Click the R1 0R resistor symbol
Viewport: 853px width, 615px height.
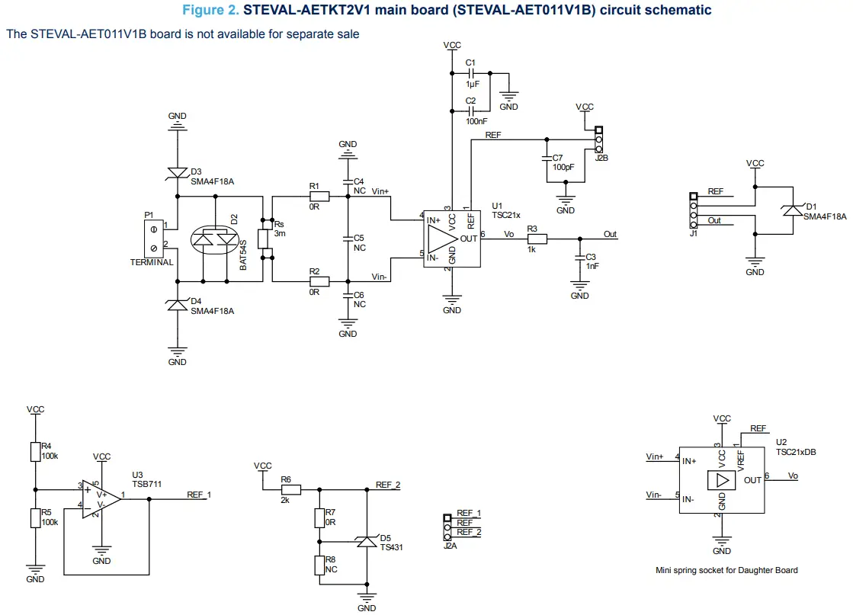click(x=319, y=197)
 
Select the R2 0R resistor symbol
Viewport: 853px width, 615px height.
click(x=319, y=281)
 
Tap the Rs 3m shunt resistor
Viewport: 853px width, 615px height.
click(x=263, y=239)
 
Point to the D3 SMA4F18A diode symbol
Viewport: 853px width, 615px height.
click(x=178, y=174)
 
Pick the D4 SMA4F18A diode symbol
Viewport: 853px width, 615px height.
click(x=178, y=304)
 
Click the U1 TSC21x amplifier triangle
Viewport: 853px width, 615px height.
click(x=441, y=239)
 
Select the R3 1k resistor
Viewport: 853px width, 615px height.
click(x=537, y=239)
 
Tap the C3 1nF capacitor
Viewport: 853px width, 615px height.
click(x=580, y=259)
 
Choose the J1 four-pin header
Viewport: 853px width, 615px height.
click(x=693, y=210)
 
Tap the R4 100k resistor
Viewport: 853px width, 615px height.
click(x=34, y=451)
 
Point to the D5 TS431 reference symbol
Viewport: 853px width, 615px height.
click(x=367, y=541)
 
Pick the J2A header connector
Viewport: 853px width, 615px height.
click(x=447, y=524)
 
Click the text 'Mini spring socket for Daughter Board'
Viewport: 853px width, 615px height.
click(x=726, y=570)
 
